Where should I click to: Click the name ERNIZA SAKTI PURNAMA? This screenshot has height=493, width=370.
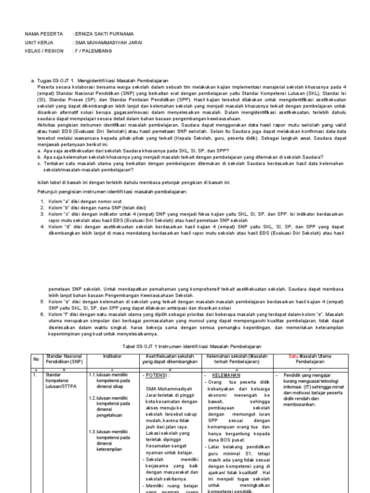coord(104,34)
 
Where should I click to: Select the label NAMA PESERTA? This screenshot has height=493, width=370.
coord(44,34)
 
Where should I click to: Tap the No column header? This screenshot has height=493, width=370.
coord(35,359)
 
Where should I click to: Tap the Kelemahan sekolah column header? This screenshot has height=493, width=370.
coord(237,359)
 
